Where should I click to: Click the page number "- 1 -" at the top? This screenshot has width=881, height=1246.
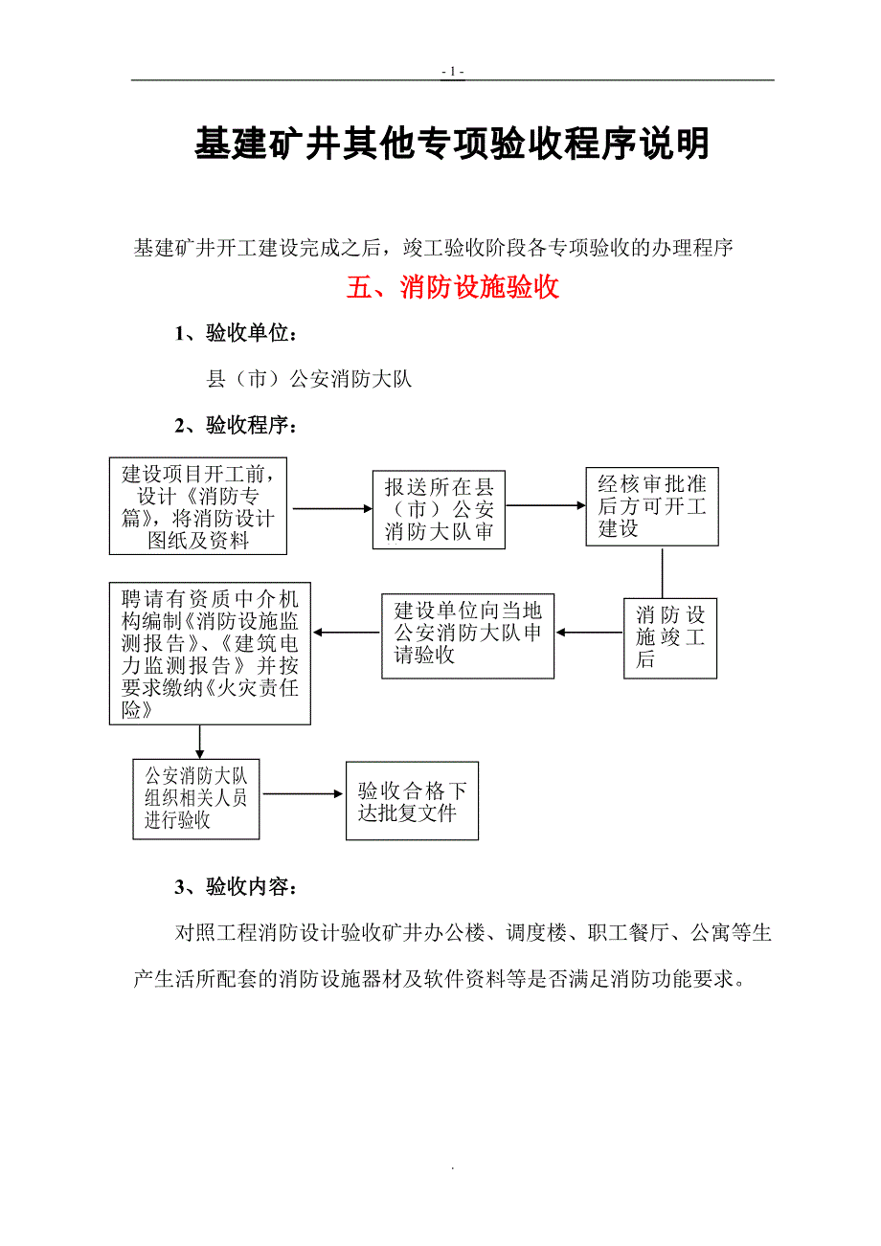tap(453, 72)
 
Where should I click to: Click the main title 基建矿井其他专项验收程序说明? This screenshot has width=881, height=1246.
tap(452, 144)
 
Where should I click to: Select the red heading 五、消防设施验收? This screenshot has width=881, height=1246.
tap(452, 287)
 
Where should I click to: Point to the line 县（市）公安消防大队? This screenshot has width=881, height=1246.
tap(309, 379)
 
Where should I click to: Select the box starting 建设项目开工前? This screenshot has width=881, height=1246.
tap(198, 506)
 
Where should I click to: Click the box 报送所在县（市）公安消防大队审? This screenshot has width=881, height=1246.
tap(439, 509)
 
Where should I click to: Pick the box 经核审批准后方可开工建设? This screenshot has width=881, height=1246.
tap(652, 506)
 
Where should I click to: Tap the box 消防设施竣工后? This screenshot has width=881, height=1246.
tap(670, 637)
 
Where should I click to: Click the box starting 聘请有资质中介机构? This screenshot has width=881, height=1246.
tap(210, 655)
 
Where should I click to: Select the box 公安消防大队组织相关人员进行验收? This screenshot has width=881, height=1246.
tap(196, 798)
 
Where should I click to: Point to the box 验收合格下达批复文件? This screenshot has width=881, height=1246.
tap(412, 801)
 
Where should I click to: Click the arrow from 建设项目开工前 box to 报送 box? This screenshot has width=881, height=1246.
tap(331, 508)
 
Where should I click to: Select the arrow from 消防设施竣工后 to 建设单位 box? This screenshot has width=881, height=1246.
tap(589, 633)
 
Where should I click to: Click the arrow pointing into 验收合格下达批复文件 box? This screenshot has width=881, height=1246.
tap(304, 793)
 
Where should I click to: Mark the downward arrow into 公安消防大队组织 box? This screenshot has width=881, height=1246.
tap(200, 741)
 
